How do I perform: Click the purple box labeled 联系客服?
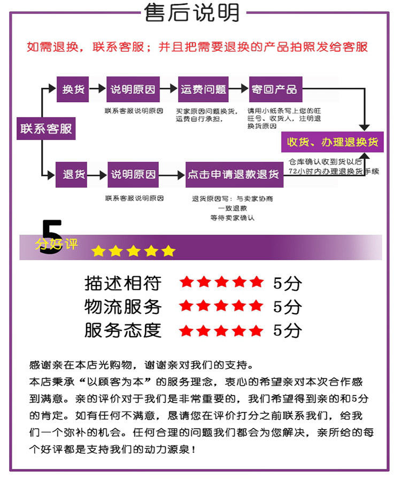pyautogui.click(x=46, y=129)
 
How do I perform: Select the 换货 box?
pyautogui.click(x=73, y=90)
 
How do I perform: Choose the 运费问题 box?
pyautogui.click(x=203, y=90)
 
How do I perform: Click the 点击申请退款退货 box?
pyautogui.click(x=233, y=175)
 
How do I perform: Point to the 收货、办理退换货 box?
pyautogui.click(x=333, y=142)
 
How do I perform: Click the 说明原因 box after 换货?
pyautogui.click(x=133, y=90)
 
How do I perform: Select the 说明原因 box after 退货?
pyautogui.click(x=133, y=174)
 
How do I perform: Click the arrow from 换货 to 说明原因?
pyautogui.click(x=97, y=90)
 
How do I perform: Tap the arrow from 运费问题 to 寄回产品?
pyautogui.click(x=239, y=90)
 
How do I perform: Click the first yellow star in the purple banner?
pyautogui.click(x=98, y=251)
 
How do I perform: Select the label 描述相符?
pyautogui.click(x=122, y=283)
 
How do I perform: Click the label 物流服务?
pyautogui.click(x=122, y=306)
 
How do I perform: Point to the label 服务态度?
pyautogui.click(x=122, y=330)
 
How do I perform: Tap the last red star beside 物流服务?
pyautogui.click(x=256, y=306)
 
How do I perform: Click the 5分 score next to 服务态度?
pyautogui.click(x=287, y=330)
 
